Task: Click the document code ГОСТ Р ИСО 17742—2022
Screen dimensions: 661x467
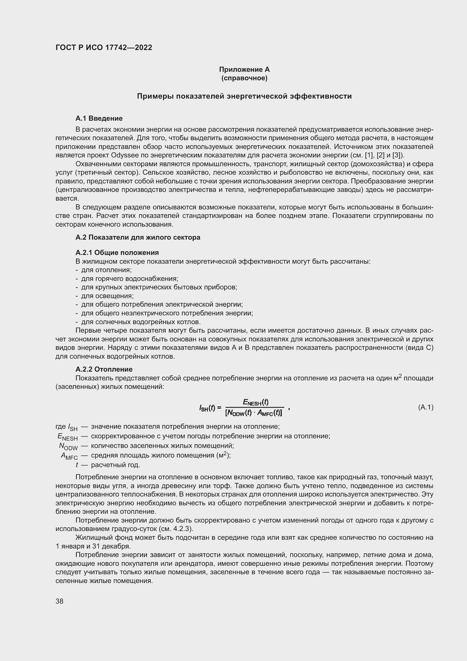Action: [x=104, y=48]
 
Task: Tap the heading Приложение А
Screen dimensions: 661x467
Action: [x=244, y=70]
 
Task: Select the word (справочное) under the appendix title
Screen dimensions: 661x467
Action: [x=244, y=78]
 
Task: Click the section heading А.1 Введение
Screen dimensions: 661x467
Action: [x=99, y=118]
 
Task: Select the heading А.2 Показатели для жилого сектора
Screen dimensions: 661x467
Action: [x=138, y=237]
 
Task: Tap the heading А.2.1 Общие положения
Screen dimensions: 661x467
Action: [x=117, y=252]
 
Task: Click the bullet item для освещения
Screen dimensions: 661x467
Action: [x=107, y=296]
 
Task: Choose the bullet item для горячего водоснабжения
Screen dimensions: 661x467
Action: [x=130, y=279]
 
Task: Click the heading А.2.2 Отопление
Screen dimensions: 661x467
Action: [x=104, y=369]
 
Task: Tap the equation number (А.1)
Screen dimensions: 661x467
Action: [x=425, y=407]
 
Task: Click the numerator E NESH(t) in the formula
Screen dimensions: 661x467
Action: [x=255, y=402]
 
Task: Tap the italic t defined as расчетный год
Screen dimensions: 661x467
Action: [x=77, y=465]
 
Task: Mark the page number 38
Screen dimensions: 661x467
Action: [x=60, y=601]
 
